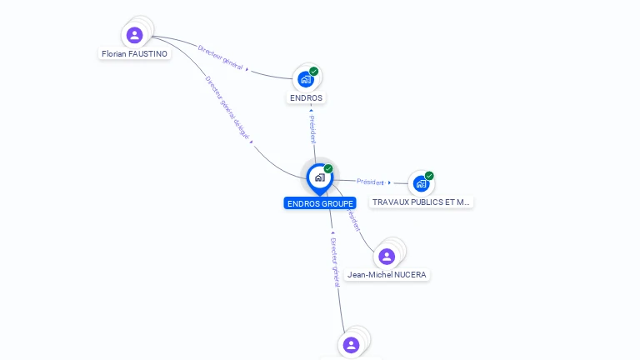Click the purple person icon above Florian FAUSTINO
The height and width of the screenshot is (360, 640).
tap(134, 35)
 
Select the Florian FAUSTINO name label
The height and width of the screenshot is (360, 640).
tap(134, 54)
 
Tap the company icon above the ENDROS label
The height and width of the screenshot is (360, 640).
tap(306, 79)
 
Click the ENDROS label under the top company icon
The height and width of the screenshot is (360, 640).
tap(306, 97)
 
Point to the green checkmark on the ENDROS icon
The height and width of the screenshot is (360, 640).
tap(314, 72)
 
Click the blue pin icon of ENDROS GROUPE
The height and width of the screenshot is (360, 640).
tap(319, 177)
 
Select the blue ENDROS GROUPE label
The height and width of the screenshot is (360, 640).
tap(320, 203)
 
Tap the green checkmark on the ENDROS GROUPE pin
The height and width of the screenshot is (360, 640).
tap(328, 168)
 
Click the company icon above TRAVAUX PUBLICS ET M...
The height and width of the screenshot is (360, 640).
tap(421, 183)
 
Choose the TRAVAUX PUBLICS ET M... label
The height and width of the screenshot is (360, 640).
tap(421, 202)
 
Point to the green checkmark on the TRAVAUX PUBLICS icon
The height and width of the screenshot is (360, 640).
tap(429, 176)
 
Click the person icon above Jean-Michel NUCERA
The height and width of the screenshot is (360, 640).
tap(387, 256)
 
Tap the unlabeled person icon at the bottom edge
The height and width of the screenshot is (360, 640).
tap(351, 344)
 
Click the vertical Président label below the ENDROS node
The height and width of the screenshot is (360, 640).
tap(312, 129)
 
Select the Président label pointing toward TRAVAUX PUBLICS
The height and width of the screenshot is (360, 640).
tap(370, 182)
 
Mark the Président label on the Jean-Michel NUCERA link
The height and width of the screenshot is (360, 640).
tap(352, 219)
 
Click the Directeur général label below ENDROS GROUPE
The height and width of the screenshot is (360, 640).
tap(335, 262)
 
